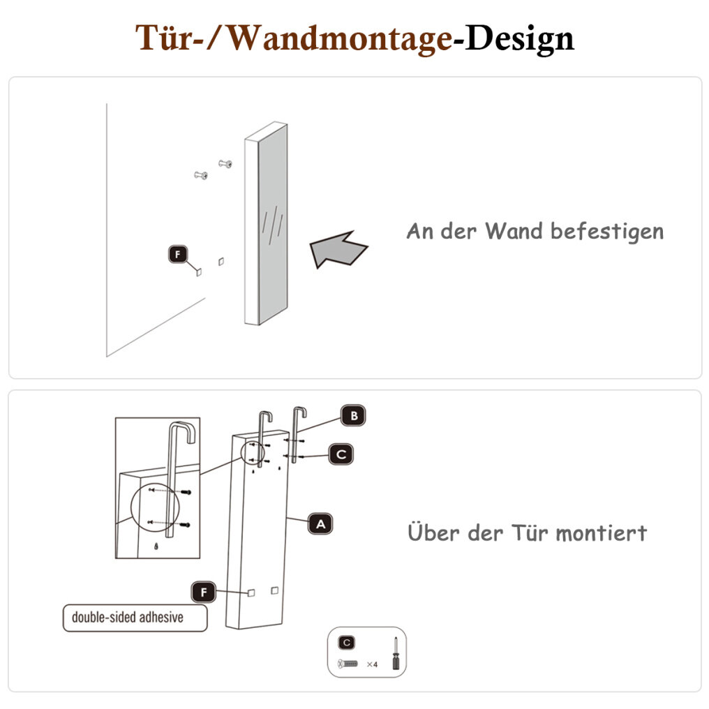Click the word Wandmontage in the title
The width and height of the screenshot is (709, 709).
click(339, 38)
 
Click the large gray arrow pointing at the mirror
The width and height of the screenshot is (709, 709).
click(338, 249)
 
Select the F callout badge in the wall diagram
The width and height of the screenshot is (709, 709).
click(178, 255)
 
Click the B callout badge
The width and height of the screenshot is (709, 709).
click(354, 415)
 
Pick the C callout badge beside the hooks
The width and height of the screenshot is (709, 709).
click(341, 454)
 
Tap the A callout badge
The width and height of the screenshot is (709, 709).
click(320, 524)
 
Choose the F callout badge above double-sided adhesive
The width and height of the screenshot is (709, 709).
click(204, 592)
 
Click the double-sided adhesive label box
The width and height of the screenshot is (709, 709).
click(135, 618)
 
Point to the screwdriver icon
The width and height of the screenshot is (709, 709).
click(396, 653)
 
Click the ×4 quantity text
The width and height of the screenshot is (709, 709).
click(372, 664)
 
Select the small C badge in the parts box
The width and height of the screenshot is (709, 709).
click(347, 643)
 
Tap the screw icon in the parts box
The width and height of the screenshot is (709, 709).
click(348, 664)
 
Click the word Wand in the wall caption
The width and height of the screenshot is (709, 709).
click(514, 231)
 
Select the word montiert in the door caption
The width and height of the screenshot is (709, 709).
click(602, 533)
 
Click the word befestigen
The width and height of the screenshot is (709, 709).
click(607, 232)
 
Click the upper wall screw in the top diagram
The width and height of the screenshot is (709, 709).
click(225, 164)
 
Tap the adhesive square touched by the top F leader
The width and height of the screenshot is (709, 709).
click(198, 271)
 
